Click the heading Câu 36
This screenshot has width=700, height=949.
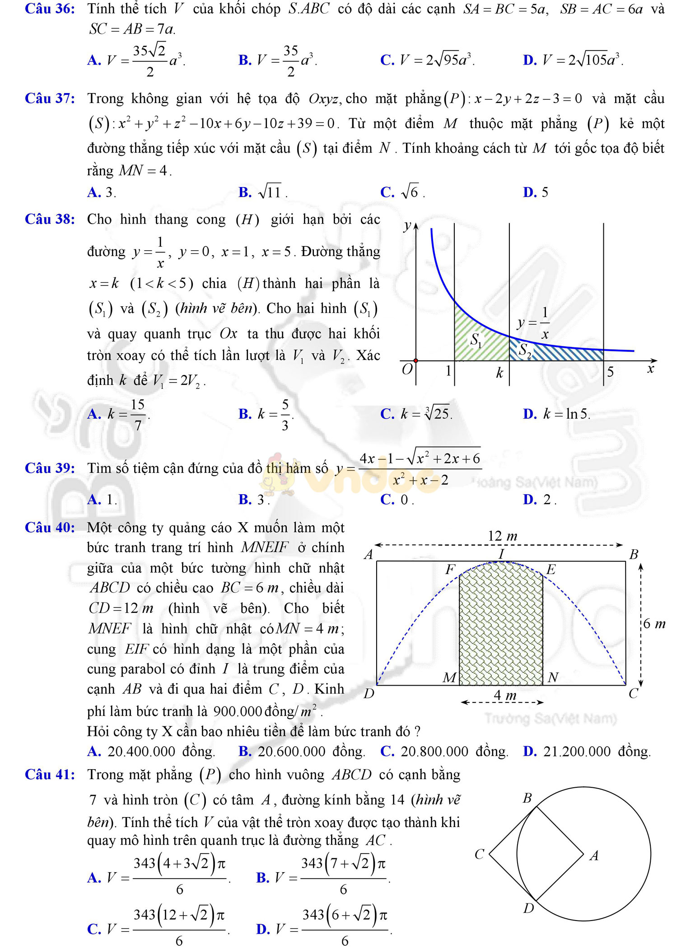(50, 9)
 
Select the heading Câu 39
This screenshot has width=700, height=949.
(50, 468)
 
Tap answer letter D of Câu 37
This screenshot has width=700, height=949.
(529, 192)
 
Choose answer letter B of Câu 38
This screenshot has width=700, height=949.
(245, 414)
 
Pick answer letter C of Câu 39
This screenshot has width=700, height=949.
(387, 500)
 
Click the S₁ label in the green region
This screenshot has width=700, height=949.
(476, 340)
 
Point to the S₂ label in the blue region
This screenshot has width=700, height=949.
(524, 349)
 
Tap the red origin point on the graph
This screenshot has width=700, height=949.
(415, 360)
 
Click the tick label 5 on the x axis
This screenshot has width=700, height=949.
(610, 372)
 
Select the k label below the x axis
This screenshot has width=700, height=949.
(499, 373)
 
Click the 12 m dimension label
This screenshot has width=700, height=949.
(502, 536)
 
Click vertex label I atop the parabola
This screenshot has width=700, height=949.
(501, 553)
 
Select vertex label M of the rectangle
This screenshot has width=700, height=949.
(449, 678)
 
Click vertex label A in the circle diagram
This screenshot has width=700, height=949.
(594, 856)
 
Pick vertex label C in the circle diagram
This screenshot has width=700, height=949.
(479, 854)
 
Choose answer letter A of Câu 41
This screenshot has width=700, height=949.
(94, 878)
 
